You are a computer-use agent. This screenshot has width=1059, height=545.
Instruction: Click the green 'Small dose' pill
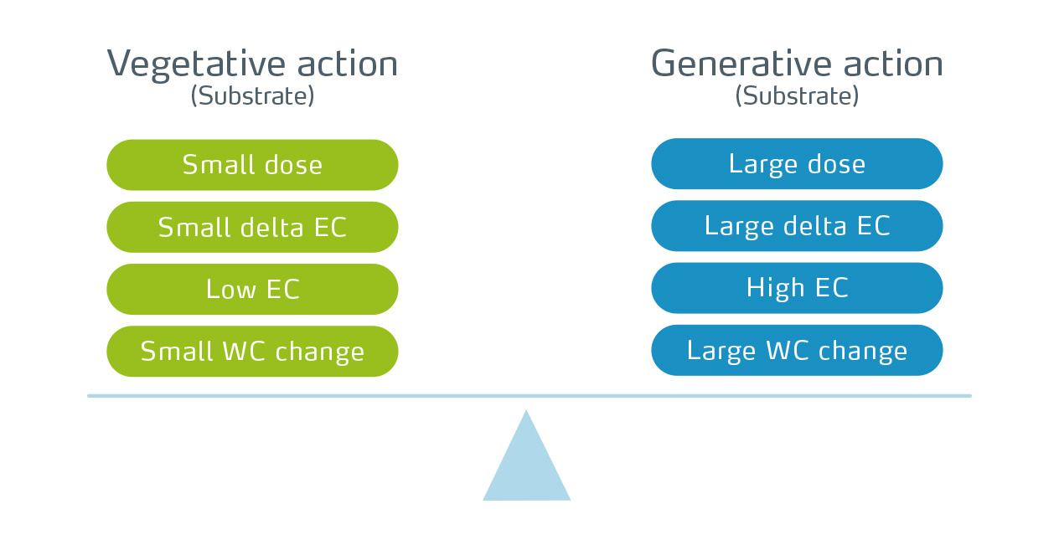click(x=252, y=165)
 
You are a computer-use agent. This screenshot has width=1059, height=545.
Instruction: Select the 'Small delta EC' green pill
click(x=252, y=227)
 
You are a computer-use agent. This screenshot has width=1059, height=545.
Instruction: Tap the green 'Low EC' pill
click(x=252, y=289)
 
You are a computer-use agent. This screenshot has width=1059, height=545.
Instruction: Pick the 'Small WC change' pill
click(x=252, y=352)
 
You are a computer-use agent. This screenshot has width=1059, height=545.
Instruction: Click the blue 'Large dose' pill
click(x=797, y=164)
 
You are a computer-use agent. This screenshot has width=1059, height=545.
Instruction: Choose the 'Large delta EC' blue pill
click(x=797, y=226)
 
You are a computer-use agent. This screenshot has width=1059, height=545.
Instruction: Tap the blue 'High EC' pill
click(x=797, y=288)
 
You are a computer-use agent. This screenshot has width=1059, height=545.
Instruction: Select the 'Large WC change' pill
click(x=797, y=351)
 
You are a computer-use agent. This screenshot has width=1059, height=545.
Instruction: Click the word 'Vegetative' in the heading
click(x=196, y=65)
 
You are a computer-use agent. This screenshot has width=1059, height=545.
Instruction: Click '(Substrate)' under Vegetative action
click(x=252, y=96)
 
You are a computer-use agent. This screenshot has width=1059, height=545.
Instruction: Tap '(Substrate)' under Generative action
click(x=797, y=96)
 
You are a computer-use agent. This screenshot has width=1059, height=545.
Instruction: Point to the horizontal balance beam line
click(x=529, y=396)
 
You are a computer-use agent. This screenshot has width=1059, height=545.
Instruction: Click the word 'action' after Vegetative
click(x=348, y=64)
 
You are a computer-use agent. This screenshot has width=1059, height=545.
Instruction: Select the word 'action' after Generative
click(x=893, y=64)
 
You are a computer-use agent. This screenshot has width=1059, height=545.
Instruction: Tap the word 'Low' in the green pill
click(x=230, y=289)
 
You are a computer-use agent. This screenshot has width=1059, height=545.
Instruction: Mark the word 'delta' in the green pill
click(x=271, y=227)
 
